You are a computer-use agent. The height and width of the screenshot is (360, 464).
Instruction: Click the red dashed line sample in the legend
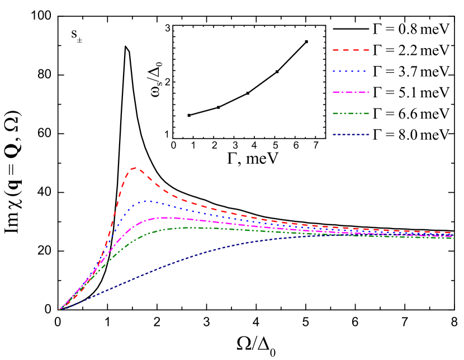(x=351, y=50)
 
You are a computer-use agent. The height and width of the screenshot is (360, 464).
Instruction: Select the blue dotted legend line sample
(x=349, y=72)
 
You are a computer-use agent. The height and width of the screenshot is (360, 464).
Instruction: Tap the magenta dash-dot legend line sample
(x=351, y=92)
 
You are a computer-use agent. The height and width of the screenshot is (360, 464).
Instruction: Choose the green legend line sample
(x=351, y=113)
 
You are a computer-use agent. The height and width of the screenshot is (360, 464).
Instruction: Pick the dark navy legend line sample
(x=351, y=135)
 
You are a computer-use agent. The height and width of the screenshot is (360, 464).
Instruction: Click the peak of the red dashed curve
(x=135, y=167)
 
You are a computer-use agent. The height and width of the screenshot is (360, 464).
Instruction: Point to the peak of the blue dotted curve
(x=148, y=201)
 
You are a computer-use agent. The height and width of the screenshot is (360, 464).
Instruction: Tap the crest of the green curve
(x=187, y=228)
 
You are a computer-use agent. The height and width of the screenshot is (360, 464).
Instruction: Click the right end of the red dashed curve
(x=451, y=233)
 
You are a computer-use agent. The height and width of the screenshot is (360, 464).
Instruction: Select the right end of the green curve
(x=454, y=238)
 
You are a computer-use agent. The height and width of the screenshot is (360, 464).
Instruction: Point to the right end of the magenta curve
(x=452, y=236)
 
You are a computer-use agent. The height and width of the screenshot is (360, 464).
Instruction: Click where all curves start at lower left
(x=59, y=310)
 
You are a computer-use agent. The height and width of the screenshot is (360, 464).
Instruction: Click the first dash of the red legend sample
(x=336, y=50)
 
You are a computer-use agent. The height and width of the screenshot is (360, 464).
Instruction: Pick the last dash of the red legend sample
(x=366, y=50)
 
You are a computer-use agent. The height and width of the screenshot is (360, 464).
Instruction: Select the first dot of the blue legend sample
(x=334, y=72)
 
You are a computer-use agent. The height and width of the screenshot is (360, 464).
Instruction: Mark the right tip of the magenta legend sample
(x=368, y=92)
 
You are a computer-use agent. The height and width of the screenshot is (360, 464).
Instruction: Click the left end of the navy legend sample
(x=334, y=135)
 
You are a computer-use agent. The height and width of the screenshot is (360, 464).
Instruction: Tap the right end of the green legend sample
(x=368, y=113)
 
